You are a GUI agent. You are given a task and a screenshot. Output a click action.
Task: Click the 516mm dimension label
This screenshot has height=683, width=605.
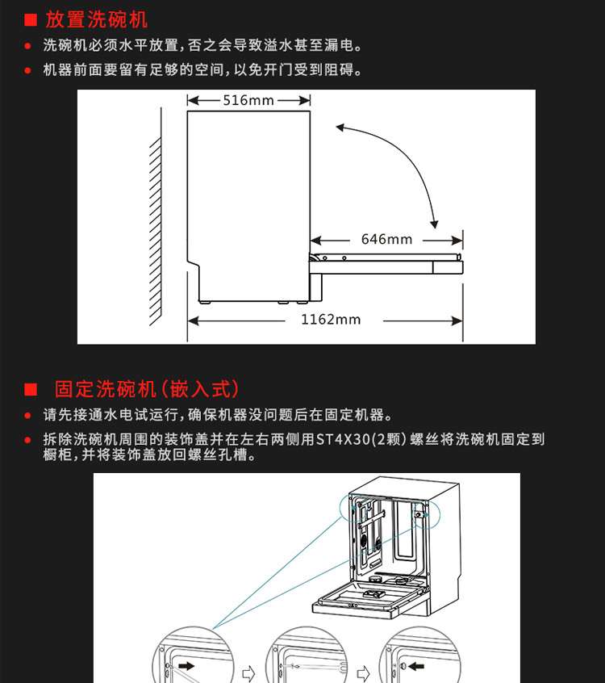(x=248, y=100)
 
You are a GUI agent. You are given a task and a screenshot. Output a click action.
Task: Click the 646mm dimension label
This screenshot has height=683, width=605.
(x=386, y=239)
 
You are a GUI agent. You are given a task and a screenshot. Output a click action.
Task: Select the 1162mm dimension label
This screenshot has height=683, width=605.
(x=331, y=319)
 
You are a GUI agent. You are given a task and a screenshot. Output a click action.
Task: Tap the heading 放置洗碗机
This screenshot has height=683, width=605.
(x=97, y=19)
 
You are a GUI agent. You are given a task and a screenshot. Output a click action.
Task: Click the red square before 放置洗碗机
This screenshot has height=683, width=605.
(x=31, y=20)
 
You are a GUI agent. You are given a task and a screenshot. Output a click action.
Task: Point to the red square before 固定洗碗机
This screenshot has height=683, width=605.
(x=31, y=389)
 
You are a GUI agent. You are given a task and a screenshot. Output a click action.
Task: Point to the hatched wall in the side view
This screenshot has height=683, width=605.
(x=157, y=226)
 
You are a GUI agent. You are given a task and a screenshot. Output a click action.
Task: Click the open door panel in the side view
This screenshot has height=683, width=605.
(x=387, y=262)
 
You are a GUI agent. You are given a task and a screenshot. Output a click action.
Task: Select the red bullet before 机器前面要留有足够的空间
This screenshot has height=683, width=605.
(x=28, y=70)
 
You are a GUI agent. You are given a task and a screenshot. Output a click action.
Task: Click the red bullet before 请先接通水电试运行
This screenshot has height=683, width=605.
(x=28, y=416)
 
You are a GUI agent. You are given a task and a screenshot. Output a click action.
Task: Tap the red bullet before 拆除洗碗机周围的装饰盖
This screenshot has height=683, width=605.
(x=28, y=440)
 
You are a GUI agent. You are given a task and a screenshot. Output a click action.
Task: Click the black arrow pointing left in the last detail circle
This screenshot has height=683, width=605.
(x=415, y=667)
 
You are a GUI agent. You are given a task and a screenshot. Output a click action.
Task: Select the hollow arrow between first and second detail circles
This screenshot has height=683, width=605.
(x=248, y=670)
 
